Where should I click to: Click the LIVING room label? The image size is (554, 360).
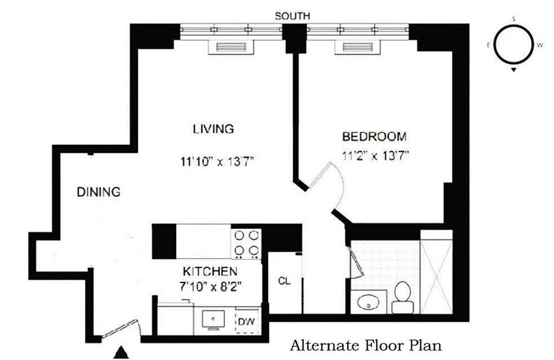pos(213,129)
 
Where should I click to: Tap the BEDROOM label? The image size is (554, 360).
pos(374,136)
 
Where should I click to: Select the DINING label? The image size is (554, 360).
pos(99,192)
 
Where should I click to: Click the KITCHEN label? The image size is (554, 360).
pos(210,271)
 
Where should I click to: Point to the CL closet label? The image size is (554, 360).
pos(284,282)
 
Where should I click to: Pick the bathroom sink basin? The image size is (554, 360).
pos(369,305)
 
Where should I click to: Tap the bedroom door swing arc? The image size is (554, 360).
pos(337,184)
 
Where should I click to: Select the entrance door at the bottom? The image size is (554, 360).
pos(120,329)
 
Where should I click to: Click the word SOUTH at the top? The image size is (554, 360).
pos(293,16)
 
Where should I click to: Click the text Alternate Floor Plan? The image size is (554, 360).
pos(365,346)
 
